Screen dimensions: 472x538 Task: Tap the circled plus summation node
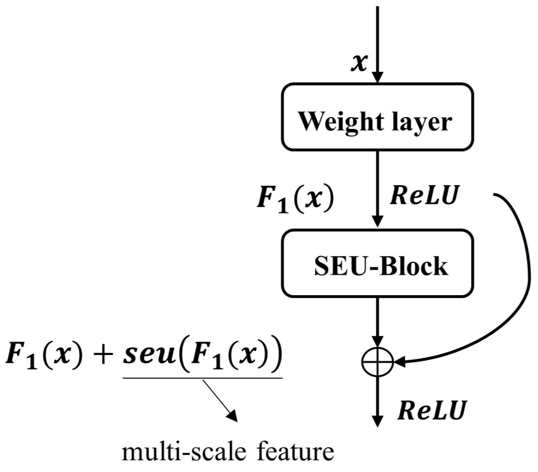(377, 361)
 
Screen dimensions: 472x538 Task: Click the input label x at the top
(359, 63)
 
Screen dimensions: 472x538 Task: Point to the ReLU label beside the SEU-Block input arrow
(424, 195)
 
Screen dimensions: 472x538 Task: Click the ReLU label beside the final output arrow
(432, 410)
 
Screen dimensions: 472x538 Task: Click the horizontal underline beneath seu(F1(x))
(202, 377)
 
